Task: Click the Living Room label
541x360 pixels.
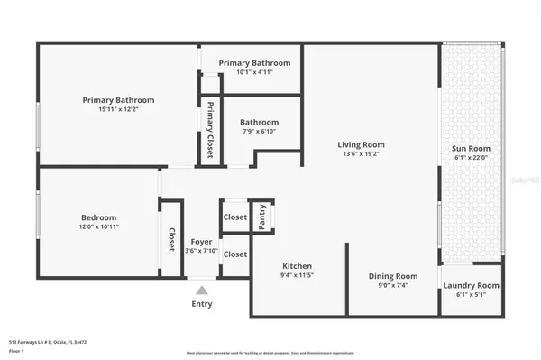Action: pyautogui.click(x=361, y=144)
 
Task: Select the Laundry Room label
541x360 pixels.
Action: pyautogui.click(x=471, y=286)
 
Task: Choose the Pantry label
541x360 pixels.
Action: pyautogui.click(x=261, y=217)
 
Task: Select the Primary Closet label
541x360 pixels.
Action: pyautogui.click(x=210, y=131)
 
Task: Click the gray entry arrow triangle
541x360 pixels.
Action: pyautogui.click(x=202, y=291)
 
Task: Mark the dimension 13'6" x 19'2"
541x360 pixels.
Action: pyautogui.click(x=361, y=155)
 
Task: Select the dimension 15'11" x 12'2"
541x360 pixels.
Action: pyautogui.click(x=118, y=110)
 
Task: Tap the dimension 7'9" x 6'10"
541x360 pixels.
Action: pyautogui.click(x=259, y=133)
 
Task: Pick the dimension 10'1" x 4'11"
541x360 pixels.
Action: pyautogui.click(x=253, y=73)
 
